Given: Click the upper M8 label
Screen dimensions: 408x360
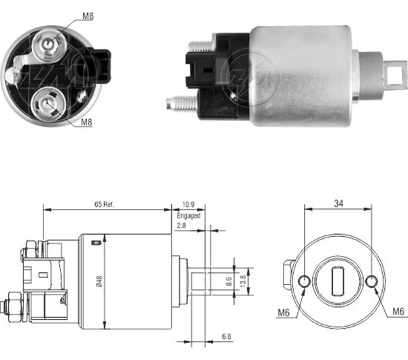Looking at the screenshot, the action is (88, 16).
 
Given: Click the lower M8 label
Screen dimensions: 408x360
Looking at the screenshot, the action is (86, 122).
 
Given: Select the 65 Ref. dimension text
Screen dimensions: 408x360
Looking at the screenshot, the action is (104, 204).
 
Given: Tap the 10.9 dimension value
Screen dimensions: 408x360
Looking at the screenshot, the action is (188, 204).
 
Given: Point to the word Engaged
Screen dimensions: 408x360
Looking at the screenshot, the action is (188, 216).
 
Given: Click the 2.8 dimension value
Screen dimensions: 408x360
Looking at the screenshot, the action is (182, 225).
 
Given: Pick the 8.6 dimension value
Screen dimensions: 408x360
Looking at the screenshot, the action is (228, 281).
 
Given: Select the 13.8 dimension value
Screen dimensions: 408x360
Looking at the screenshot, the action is (243, 281).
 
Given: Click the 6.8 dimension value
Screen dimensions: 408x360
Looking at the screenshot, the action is (226, 337).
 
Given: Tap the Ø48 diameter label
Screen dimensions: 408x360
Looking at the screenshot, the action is (99, 281).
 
